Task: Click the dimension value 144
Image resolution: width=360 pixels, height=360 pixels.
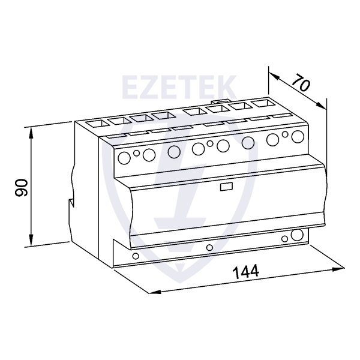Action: coord(246,272)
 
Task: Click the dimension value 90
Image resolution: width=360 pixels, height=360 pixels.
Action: coord(21,188)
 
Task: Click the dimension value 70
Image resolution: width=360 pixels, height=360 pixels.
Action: coord(301,82)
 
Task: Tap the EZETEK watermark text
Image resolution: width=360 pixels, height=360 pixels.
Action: coord(179,87)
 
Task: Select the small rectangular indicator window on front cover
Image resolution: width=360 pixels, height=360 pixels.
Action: coord(226,187)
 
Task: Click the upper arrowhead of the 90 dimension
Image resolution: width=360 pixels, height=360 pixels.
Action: coord(31,133)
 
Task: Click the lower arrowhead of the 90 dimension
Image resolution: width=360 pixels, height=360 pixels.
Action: coord(31,240)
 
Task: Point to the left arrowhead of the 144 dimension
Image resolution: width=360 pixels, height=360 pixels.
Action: coord(155,292)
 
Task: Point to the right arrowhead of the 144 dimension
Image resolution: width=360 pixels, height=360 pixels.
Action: coord(338,269)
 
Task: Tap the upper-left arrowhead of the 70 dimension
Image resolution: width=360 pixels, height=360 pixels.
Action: coord(274,76)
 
